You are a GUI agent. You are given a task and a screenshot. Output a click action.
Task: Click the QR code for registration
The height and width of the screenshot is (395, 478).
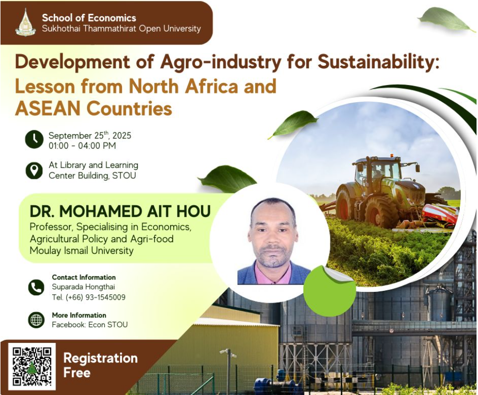point(32,367)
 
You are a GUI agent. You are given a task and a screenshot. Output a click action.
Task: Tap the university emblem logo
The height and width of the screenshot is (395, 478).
point(26,22)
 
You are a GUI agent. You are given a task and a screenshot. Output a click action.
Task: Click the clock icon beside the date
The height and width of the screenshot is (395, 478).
point(34,140)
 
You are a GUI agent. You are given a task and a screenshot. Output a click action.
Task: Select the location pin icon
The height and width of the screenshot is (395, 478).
point(34,170)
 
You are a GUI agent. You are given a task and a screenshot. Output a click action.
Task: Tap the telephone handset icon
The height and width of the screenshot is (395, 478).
point(36,287)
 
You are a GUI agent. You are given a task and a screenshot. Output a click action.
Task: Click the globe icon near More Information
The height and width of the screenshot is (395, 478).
point(36,320)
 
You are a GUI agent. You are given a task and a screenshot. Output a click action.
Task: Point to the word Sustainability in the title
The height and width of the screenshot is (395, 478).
point(378,62)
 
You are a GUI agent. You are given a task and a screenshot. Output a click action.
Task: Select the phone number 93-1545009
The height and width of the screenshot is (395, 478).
point(105,297)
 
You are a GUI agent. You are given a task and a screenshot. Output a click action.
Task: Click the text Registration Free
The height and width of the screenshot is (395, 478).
point(101,365)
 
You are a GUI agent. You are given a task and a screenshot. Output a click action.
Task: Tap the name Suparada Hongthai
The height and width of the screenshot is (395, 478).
point(83,287)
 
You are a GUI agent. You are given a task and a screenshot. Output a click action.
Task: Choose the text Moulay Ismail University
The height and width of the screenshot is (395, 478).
point(82,251)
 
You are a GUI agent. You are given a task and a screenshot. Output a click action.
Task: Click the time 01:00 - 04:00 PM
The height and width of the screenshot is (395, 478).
point(82,145)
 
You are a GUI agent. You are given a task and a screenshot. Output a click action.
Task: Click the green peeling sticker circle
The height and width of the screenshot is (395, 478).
point(329,291)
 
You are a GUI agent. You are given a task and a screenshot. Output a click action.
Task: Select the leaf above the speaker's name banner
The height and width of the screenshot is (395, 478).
point(227,179)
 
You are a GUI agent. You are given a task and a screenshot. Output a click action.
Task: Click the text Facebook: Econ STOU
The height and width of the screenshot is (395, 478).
point(90,325)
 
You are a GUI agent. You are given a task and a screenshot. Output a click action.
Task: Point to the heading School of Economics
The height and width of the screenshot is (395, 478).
point(89,18)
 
